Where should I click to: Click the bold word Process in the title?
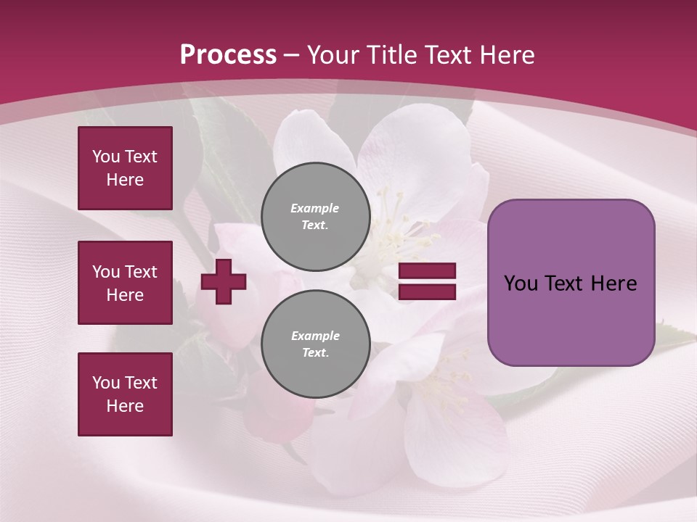click(x=228, y=54)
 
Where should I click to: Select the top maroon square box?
click(x=125, y=168)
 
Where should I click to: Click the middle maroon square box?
click(x=125, y=283)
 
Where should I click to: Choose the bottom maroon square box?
click(x=125, y=394)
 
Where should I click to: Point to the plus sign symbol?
click(x=224, y=281)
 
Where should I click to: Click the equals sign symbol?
click(x=427, y=281)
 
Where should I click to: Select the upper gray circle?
click(x=316, y=217)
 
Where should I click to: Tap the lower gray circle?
click(x=316, y=344)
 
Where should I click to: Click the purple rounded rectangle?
click(x=571, y=283)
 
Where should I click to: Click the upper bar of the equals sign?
click(x=427, y=271)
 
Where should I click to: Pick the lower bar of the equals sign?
click(x=427, y=291)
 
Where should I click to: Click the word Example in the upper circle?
click(x=315, y=208)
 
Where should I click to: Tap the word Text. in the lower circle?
click(x=315, y=353)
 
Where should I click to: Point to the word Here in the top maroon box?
click(x=125, y=180)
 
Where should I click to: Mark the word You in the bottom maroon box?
click(x=107, y=383)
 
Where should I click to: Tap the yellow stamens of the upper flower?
click(x=396, y=225)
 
